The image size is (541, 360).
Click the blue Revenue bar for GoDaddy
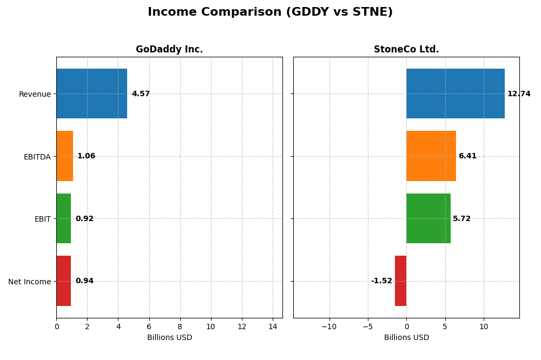pyautogui.click(x=91, y=94)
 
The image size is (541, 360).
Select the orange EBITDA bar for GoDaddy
pyautogui.click(x=64, y=156)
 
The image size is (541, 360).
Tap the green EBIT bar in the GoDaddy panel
pyautogui.click(x=63, y=218)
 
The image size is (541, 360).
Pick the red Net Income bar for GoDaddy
pyautogui.click(x=63, y=281)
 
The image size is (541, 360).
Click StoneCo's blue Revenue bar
pyautogui.click(x=455, y=94)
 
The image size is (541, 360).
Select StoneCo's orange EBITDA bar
pyautogui.click(x=431, y=156)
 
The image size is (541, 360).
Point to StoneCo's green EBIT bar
pyautogui.click(x=428, y=218)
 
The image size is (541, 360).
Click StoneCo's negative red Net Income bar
pyautogui.click(x=400, y=281)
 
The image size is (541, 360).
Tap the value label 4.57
pyautogui.click(x=141, y=94)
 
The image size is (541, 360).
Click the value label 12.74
pyautogui.click(x=518, y=94)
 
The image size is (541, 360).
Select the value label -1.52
pyautogui.click(x=381, y=281)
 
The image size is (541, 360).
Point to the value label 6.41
pyautogui.click(x=467, y=156)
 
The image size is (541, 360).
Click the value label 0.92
pyautogui.click(x=84, y=219)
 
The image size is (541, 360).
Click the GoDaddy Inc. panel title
pyautogui.click(x=169, y=50)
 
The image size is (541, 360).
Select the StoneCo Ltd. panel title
pyautogui.click(x=406, y=50)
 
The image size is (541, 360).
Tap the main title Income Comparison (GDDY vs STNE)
pyautogui.click(x=270, y=12)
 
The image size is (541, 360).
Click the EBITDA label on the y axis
pyautogui.click(x=37, y=157)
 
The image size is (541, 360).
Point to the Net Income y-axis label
pyautogui.click(x=29, y=282)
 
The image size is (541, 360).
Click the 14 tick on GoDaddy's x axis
pyautogui.click(x=272, y=326)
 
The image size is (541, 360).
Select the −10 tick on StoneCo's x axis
pyautogui.click(x=329, y=326)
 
